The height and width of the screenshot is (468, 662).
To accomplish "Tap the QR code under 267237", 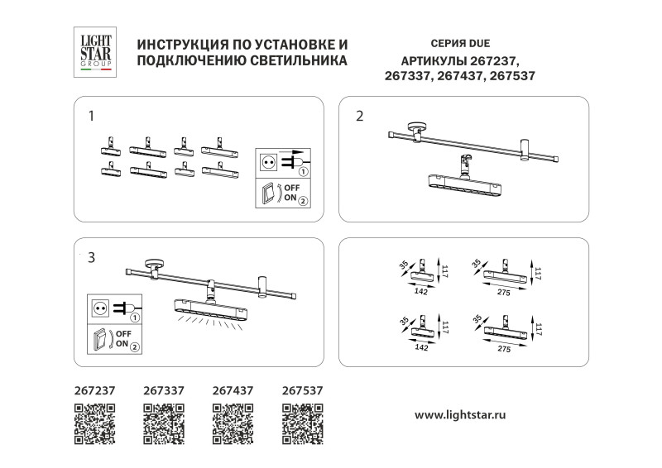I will (94, 423).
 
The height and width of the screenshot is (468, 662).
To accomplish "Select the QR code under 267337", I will (163, 423).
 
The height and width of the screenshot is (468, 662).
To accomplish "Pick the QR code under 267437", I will (233, 423).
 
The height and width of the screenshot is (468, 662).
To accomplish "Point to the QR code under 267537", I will (302, 423).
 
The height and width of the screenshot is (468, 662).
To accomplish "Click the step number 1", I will (92, 116).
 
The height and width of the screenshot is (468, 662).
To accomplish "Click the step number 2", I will (359, 116).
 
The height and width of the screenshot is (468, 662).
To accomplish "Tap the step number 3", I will (92, 258).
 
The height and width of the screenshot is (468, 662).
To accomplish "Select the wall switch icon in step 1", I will (269, 194).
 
